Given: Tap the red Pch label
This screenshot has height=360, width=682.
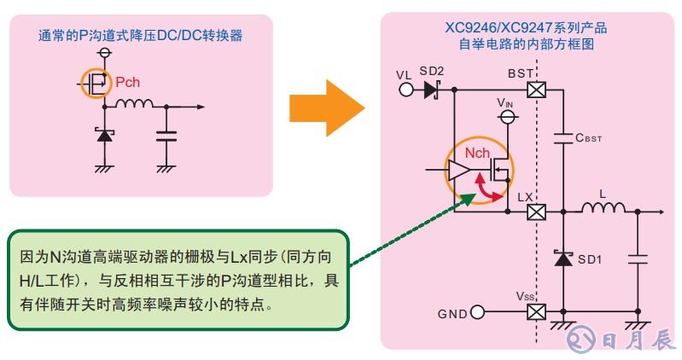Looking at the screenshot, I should (130, 84).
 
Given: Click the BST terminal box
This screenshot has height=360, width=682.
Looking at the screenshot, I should (536, 90).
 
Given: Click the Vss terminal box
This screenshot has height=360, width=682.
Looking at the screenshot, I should (536, 311).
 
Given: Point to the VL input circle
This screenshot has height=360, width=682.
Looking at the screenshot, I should (405, 90).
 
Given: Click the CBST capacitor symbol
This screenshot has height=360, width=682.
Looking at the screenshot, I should (563, 137).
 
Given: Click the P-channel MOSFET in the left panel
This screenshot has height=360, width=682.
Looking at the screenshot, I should (98, 84).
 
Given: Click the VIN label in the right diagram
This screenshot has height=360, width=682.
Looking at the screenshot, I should (506, 103).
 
